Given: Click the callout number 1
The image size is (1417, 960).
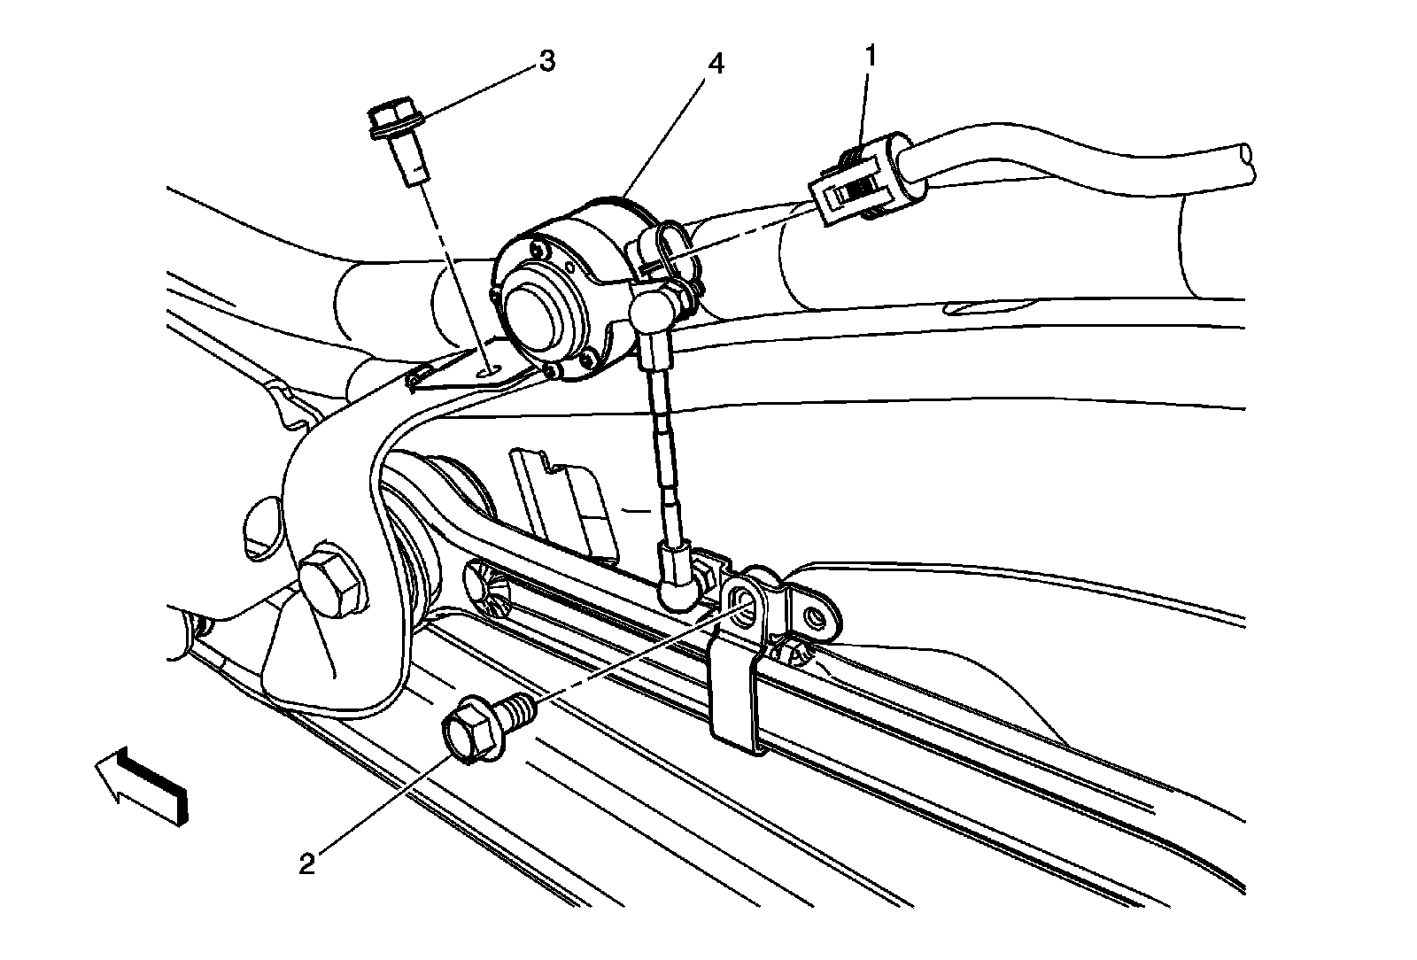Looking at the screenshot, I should (871, 57).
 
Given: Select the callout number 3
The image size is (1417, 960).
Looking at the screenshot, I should (547, 61).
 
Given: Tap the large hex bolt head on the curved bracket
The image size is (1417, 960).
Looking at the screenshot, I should (331, 585).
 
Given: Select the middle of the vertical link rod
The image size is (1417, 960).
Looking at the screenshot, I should (667, 452).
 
